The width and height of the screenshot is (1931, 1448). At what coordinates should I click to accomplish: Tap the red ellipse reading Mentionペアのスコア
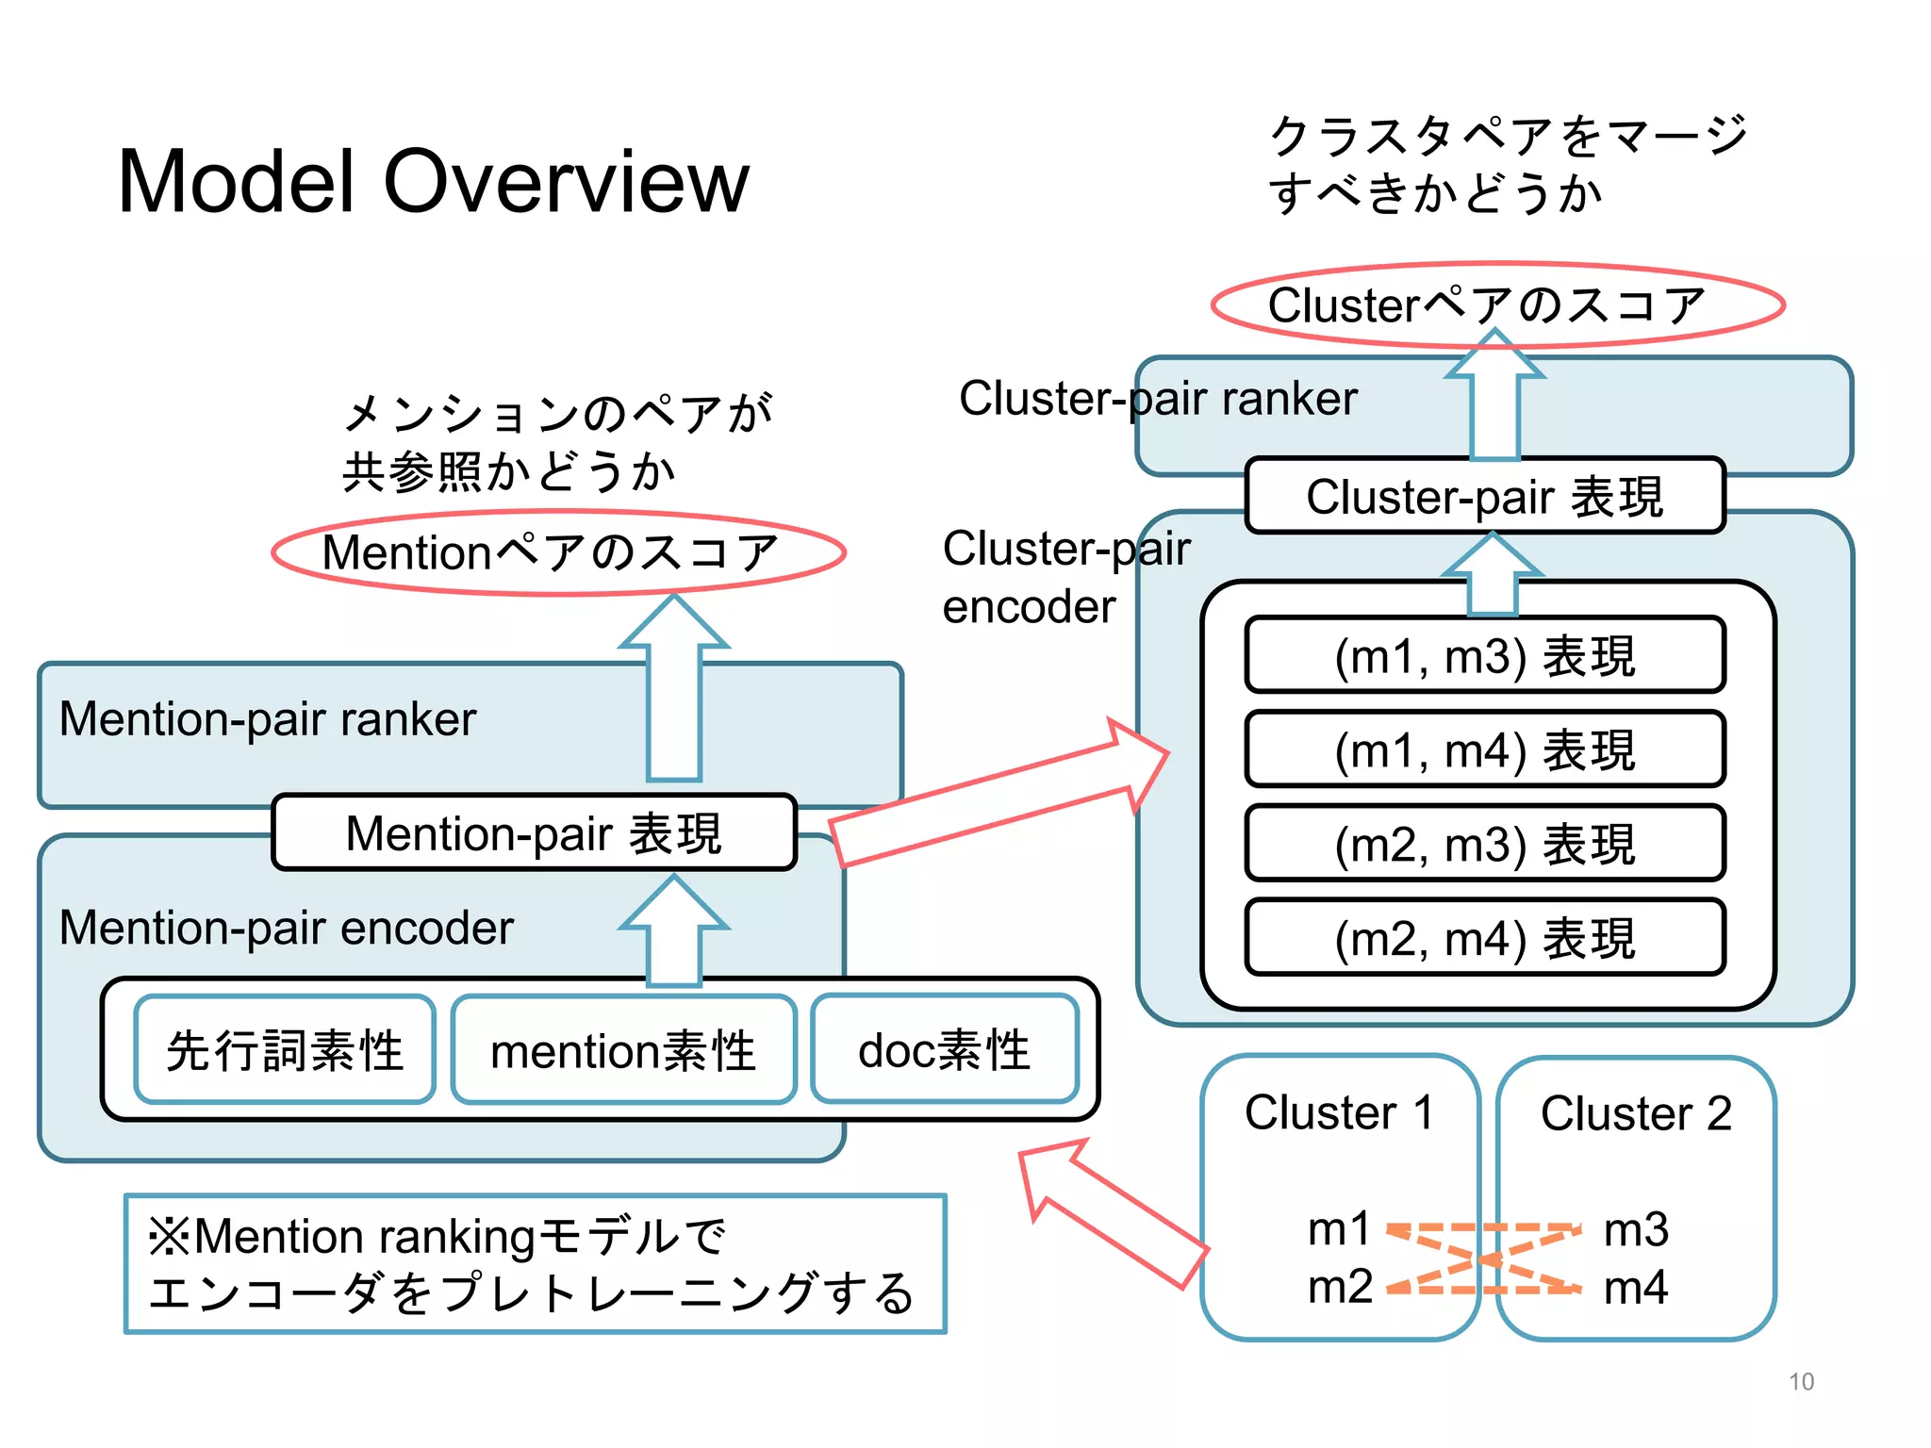pyautogui.click(x=558, y=552)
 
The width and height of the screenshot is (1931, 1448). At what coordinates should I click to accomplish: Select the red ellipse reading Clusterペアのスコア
pyautogui.click(x=1497, y=304)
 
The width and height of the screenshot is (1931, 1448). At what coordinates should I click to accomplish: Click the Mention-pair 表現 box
pyautogui.click(x=534, y=832)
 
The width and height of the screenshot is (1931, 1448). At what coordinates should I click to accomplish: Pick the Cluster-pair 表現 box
pyautogui.click(x=1484, y=496)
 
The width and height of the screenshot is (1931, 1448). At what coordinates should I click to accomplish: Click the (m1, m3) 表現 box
pyautogui.click(x=1484, y=655)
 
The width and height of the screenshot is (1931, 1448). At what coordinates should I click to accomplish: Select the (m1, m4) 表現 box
pyautogui.click(x=1484, y=749)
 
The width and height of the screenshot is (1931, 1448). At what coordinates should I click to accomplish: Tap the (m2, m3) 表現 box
pyautogui.click(x=1484, y=843)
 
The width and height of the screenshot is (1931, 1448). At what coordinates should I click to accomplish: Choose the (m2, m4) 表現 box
pyautogui.click(x=1484, y=937)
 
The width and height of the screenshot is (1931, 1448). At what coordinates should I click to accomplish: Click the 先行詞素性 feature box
pyautogui.click(x=284, y=1049)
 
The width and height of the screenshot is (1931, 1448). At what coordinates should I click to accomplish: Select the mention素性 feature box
pyautogui.click(x=623, y=1049)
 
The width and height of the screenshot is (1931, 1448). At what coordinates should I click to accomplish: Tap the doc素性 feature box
pyautogui.click(x=944, y=1048)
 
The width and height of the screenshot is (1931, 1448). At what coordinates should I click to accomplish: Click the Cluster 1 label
pyautogui.click(x=1339, y=1112)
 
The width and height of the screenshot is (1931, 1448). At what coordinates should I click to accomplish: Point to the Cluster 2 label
pyautogui.click(x=1636, y=1113)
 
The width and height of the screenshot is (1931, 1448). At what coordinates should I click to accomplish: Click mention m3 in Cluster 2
pyautogui.click(x=1636, y=1229)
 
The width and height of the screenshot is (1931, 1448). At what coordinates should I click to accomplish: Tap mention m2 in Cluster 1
pyautogui.click(x=1340, y=1287)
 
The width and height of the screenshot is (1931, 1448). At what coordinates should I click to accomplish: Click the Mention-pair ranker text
pyautogui.click(x=268, y=719)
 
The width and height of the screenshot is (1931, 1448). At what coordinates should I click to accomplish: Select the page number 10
pyautogui.click(x=1801, y=1382)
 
